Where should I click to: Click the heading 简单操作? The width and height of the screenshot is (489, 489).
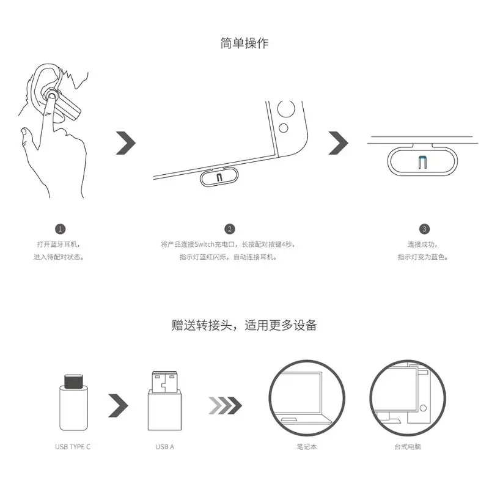[x=244, y=43]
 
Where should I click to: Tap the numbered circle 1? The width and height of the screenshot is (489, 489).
[x=60, y=229]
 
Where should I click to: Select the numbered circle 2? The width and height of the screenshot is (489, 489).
[x=230, y=229]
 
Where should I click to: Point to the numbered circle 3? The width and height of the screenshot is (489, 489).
[x=424, y=229]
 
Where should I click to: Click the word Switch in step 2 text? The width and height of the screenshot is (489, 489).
[x=204, y=244]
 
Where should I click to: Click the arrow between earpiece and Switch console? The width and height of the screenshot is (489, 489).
[x=126, y=143]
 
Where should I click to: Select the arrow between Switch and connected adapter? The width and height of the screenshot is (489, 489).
[x=338, y=143]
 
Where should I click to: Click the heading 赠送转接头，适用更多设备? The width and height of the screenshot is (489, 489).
[x=244, y=325]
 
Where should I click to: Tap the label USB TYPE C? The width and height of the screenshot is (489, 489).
[x=73, y=447]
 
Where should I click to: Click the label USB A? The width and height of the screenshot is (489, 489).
[x=164, y=447]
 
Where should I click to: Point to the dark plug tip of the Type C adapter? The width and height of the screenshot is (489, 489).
[x=73, y=381]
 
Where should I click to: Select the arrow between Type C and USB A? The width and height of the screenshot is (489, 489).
[x=118, y=405]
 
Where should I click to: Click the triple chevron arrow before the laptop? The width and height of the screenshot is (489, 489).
[x=225, y=405]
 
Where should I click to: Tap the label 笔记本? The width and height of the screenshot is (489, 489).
[x=307, y=447]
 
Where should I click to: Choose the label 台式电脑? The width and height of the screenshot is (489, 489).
[x=408, y=447]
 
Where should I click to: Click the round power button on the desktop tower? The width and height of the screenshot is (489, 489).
[x=423, y=408]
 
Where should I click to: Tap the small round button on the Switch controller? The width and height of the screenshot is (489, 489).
[x=283, y=128]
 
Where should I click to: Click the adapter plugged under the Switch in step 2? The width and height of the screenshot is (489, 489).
[x=219, y=177]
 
